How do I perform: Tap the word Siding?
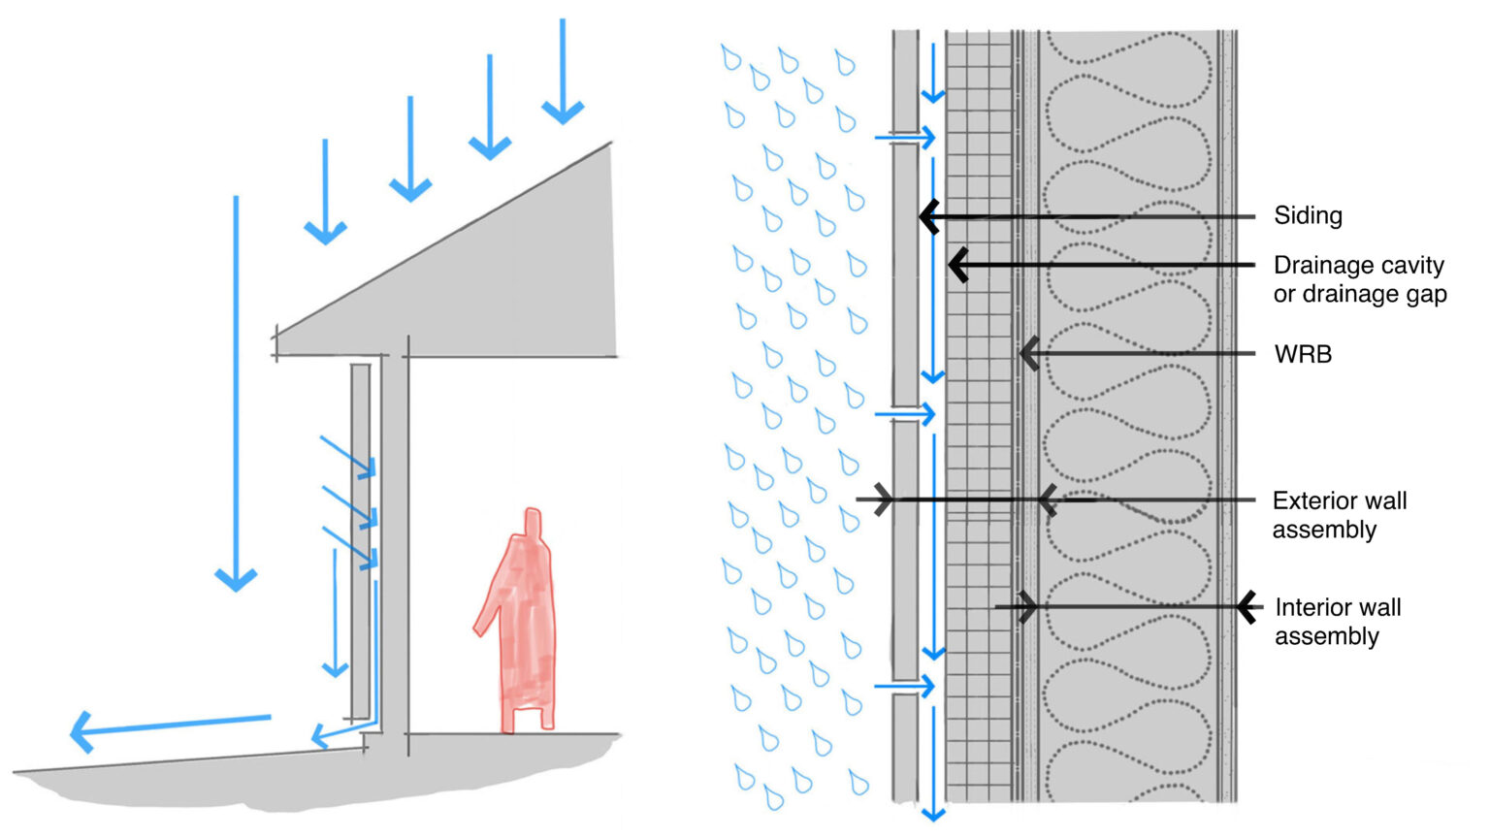(x=1308, y=215)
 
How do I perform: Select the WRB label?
(x=1303, y=354)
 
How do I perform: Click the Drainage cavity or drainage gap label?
(x=1359, y=279)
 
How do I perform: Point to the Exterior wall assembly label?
(x=1339, y=515)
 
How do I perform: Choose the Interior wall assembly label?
(x=1337, y=622)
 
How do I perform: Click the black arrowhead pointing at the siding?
(x=929, y=216)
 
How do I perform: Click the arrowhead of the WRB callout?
(x=1029, y=354)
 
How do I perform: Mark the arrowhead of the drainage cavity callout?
(x=958, y=265)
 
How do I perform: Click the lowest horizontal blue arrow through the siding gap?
(x=905, y=687)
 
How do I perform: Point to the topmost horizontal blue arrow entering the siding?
(x=905, y=138)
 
